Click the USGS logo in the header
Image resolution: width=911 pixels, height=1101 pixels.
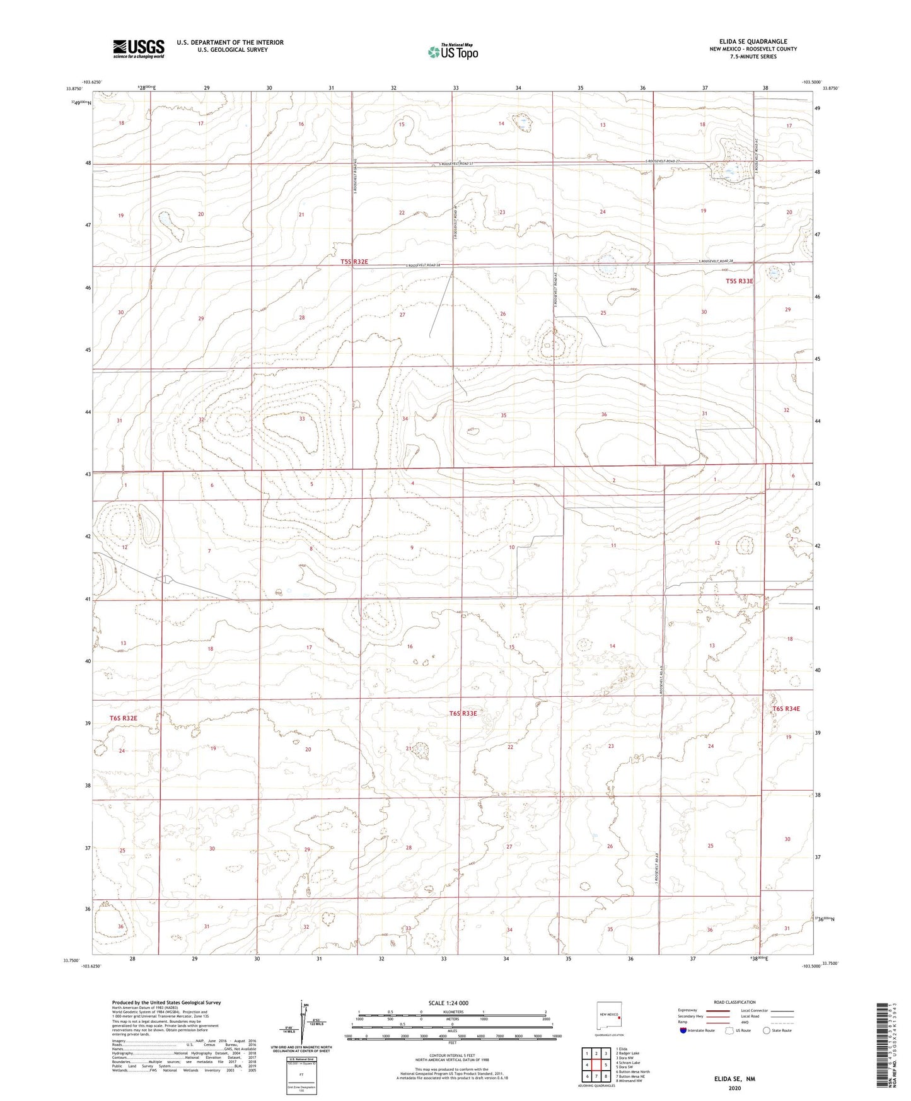pyautogui.click(x=139, y=49)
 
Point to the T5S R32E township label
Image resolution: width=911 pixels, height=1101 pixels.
pyautogui.click(x=354, y=261)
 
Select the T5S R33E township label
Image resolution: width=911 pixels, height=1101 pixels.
pyautogui.click(x=739, y=281)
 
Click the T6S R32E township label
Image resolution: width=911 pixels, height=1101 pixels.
pyautogui.click(x=123, y=718)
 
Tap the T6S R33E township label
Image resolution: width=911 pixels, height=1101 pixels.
pyautogui.click(x=463, y=713)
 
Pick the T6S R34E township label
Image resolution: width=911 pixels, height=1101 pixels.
pyautogui.click(x=786, y=709)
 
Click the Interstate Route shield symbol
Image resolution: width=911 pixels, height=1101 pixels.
pyautogui.click(x=683, y=1030)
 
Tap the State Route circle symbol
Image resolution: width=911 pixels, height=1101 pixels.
pyautogui.click(x=766, y=1030)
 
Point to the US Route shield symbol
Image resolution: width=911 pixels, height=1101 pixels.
pyautogui.click(x=731, y=1030)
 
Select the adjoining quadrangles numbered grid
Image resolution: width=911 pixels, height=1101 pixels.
pyautogui.click(x=597, y=1065)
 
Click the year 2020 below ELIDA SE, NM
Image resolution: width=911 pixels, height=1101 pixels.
pyautogui.click(x=734, y=1088)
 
